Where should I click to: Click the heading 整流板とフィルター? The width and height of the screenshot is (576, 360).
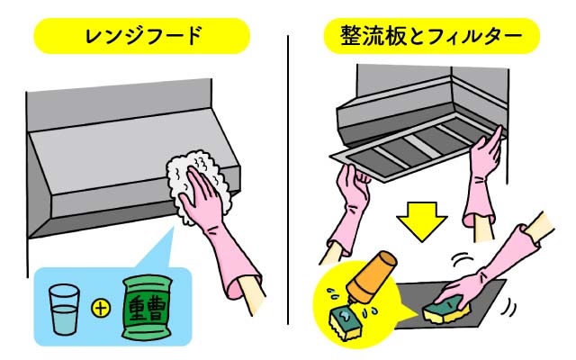point(431,36)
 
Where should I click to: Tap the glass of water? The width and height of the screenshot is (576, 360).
point(64,310)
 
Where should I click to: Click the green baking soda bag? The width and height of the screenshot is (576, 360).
point(147,308)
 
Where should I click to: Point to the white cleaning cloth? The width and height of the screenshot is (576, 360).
point(198,185)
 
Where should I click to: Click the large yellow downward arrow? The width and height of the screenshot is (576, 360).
point(422,221)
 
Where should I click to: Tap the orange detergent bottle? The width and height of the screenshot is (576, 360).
point(372,278)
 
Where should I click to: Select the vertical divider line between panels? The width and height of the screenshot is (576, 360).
point(288,180)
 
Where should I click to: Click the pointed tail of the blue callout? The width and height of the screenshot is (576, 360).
point(173,228)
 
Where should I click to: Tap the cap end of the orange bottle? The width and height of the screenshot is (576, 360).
point(387,259)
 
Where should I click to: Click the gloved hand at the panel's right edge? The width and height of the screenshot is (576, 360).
point(486,154)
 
